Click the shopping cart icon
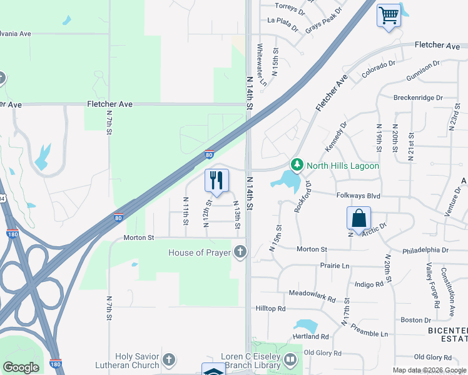coord(389,14)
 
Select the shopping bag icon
coord(359,219)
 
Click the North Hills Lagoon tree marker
coord(297,166)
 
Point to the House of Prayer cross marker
coord(240,252)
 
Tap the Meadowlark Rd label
coord(312,293)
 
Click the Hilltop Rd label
coord(270,309)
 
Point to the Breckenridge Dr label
coord(418,97)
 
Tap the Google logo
coord(21,367)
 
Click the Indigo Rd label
coord(369,284)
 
